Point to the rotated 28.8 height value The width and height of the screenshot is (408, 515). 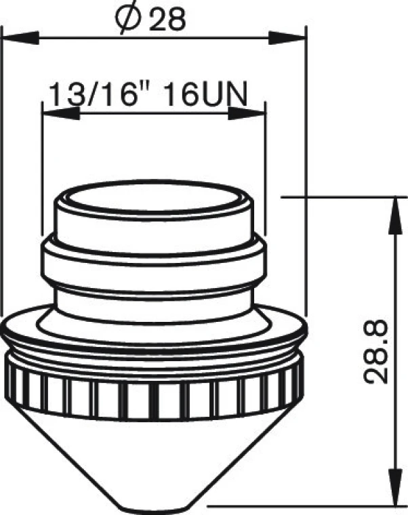click(x=376, y=352)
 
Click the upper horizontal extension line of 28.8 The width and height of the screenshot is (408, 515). click(x=339, y=197)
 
